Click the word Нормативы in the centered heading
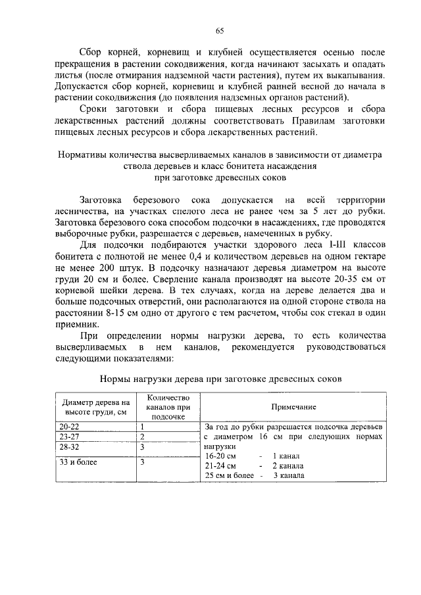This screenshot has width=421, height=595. point(80,156)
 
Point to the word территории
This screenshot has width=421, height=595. point(360,199)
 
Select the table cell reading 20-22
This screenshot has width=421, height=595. point(69,427)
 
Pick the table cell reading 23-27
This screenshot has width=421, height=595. point(69,437)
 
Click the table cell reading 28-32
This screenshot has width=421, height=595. point(69,446)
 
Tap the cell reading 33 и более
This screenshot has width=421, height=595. point(78,462)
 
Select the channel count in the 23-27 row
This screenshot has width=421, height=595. point(142,437)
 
